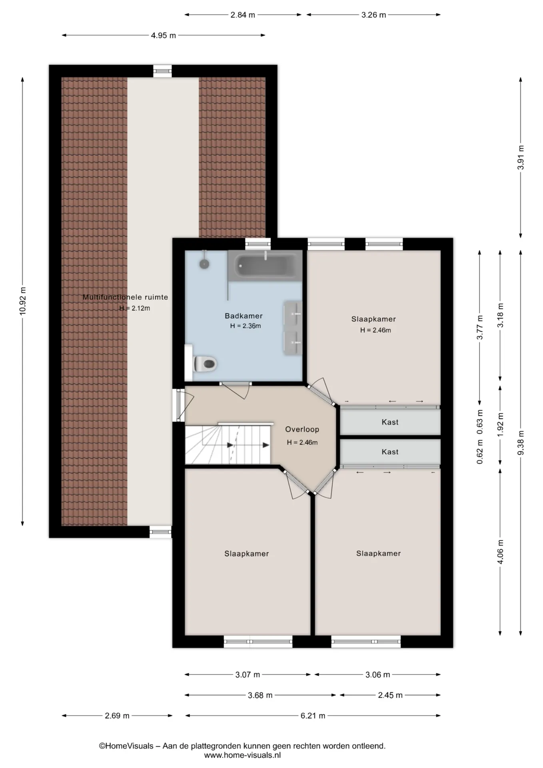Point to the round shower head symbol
point(205,264)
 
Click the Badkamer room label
point(244,316)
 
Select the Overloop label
point(302,430)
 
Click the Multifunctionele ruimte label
point(125,297)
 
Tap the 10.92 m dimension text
point(22,301)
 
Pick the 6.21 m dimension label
point(313,716)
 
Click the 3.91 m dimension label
point(521,157)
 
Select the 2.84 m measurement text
point(243,15)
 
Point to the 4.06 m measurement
point(500,552)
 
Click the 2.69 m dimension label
point(117,716)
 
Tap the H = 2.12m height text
point(135,308)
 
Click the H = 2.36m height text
point(246,326)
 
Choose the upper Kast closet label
point(390,422)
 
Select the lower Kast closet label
point(390,452)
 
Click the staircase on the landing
point(228,444)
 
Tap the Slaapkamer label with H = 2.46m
point(373,319)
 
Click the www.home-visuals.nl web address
point(242,756)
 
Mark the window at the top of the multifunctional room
point(163,71)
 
